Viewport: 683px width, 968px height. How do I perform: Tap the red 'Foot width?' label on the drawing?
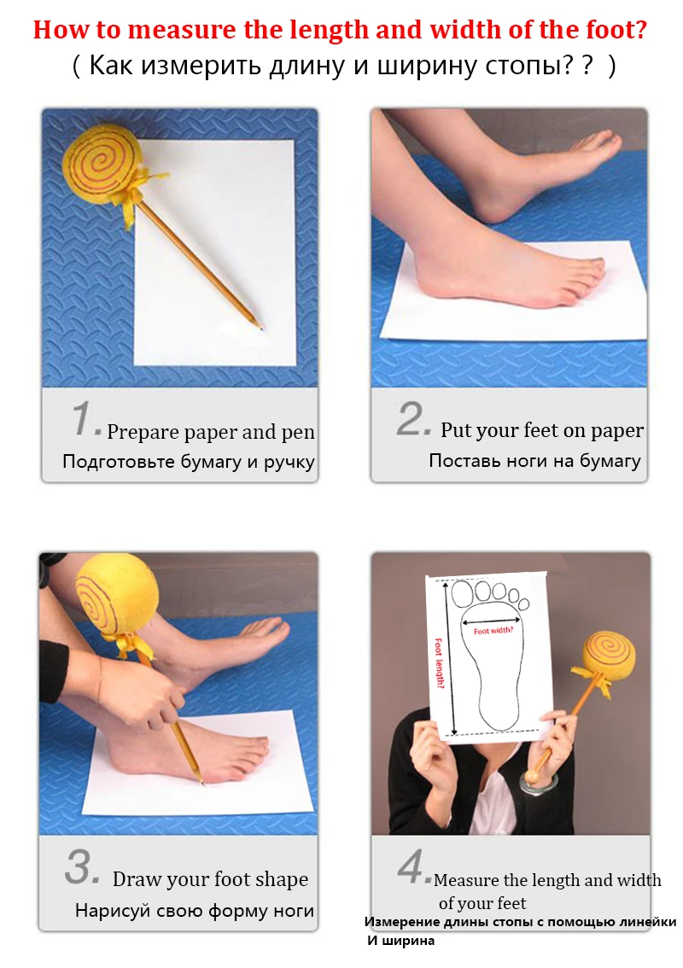click(493, 631)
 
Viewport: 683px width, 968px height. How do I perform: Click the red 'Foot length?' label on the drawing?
click(439, 663)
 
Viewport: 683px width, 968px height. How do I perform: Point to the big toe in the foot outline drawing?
click(462, 595)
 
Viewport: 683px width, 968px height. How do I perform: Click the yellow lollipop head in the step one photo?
click(103, 164)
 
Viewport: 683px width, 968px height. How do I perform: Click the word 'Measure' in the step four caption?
click(466, 880)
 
